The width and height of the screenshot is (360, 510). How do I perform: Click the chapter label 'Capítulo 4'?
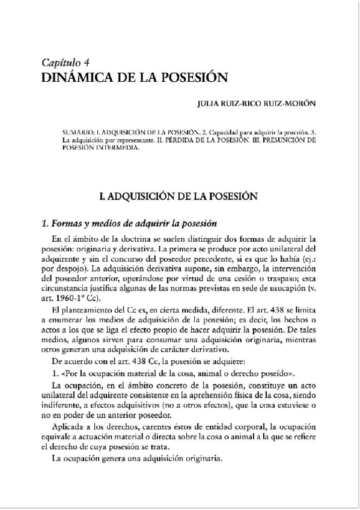coord(66,63)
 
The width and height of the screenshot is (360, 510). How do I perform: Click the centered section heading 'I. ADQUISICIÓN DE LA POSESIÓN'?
coord(180,196)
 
